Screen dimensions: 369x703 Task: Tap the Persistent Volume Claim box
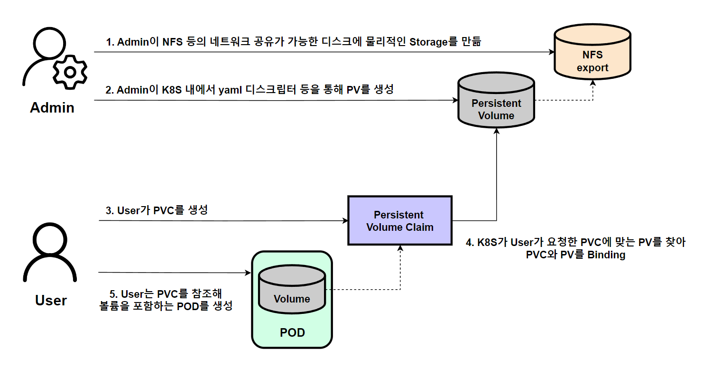coord(400,221)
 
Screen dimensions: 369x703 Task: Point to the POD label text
coord(292,332)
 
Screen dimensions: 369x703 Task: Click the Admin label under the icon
coord(52,108)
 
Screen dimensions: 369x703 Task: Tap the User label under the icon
coord(51,301)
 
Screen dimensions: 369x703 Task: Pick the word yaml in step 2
coord(231,89)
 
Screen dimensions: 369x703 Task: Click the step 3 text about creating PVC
coord(156,210)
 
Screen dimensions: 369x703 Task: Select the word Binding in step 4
coord(606,255)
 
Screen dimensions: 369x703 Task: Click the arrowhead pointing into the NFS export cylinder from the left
coord(552,52)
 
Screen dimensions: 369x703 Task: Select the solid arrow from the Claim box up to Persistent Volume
coord(496,180)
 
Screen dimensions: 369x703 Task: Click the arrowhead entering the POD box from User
coord(248,273)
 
